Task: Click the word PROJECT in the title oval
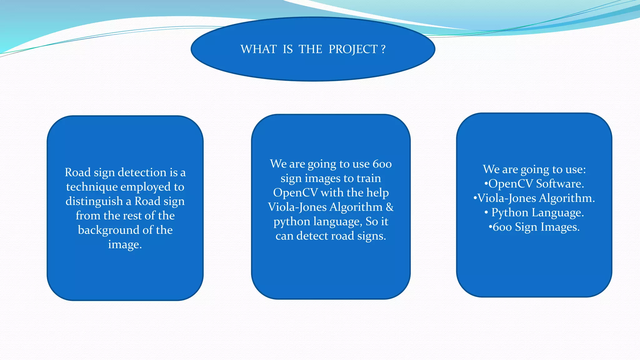[353, 49]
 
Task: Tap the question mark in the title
[383, 49]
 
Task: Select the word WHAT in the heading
[258, 49]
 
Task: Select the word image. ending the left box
[125, 244]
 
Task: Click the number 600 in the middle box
[382, 164]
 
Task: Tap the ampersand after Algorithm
[390, 207]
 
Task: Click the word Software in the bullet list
[560, 184]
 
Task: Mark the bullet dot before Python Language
[486, 212]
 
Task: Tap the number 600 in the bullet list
[502, 227]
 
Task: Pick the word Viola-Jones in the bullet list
[507, 198]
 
